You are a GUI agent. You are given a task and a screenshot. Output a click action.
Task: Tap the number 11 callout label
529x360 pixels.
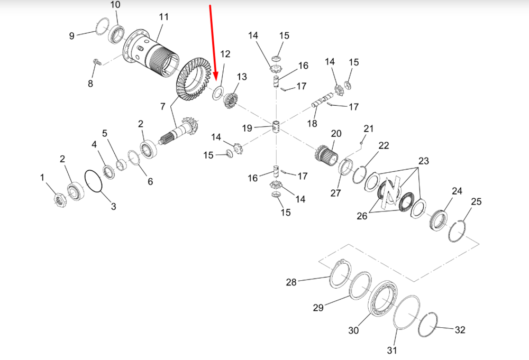pyautogui.click(x=163, y=16)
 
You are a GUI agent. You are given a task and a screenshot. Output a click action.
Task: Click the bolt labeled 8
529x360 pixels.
pyautogui.click(x=95, y=62)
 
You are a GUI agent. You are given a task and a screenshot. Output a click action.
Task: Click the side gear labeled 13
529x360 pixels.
pyautogui.click(x=231, y=100)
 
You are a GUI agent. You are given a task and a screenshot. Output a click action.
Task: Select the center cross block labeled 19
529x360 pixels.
pyautogui.click(x=276, y=126)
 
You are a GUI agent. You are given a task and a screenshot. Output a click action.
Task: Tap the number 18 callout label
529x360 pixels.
pyautogui.click(x=312, y=123)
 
